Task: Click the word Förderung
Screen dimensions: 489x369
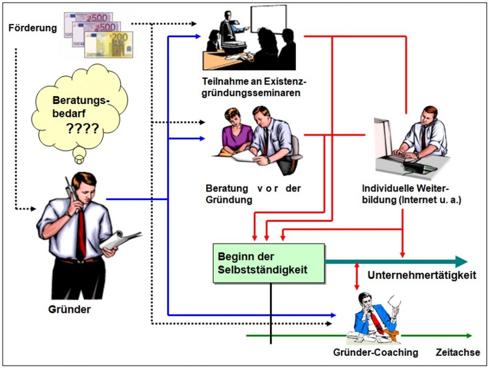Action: tap(33, 28)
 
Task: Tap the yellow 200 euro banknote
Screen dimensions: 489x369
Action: tap(108, 44)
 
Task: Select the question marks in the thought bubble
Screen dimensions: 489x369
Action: tap(83, 128)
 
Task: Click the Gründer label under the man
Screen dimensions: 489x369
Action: tap(69, 309)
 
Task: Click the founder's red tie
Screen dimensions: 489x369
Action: tap(81, 234)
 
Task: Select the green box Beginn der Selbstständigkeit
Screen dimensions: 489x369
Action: tap(269, 264)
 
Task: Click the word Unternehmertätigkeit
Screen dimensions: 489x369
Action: tap(422, 275)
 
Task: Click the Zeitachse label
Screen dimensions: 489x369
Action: tap(458, 352)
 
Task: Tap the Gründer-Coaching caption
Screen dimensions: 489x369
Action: tap(375, 352)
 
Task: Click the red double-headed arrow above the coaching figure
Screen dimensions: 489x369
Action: tap(357, 276)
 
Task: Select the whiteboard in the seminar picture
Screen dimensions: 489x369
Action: tap(269, 19)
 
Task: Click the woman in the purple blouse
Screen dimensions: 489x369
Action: tap(236, 132)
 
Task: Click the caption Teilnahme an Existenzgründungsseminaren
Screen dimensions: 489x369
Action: tap(254, 87)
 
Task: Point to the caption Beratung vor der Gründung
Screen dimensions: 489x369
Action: tap(253, 194)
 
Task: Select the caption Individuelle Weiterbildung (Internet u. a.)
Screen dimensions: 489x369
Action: tap(411, 194)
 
